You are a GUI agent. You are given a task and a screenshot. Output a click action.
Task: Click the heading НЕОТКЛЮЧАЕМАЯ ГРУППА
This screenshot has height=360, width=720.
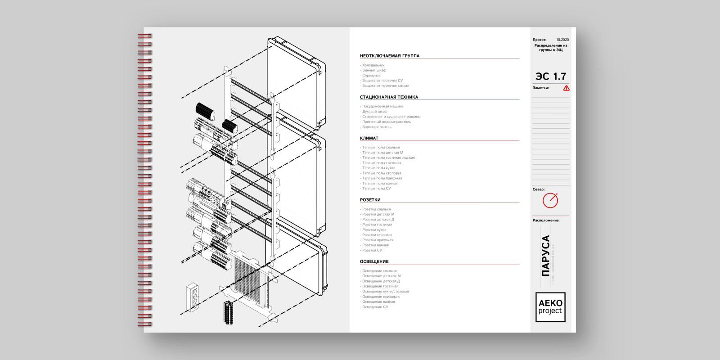[390, 56]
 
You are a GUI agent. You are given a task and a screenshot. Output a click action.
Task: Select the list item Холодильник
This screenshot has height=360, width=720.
[373, 65]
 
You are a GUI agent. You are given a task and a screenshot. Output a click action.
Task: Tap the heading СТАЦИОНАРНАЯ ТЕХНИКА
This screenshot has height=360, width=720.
[389, 97]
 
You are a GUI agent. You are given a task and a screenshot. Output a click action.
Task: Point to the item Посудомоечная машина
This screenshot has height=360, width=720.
[382, 106]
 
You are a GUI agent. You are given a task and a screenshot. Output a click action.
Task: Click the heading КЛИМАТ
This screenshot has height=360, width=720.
[369, 138]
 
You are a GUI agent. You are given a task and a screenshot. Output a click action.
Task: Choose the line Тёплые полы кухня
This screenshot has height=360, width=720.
[378, 168]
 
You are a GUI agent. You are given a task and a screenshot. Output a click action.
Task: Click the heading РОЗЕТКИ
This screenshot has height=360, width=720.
[370, 200]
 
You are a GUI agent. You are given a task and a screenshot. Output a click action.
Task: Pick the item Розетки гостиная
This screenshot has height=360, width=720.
[377, 225]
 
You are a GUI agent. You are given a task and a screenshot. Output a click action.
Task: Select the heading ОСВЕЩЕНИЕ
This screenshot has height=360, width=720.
[374, 261]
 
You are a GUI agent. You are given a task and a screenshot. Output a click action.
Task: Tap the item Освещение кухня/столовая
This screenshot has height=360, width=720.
[385, 292]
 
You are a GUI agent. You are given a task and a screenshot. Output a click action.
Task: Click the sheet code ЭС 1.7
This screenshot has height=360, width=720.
[550, 76]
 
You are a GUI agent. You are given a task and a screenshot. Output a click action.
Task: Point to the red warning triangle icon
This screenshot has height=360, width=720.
[566, 88]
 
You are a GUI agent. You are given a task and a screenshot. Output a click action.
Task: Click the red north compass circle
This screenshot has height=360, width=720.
[550, 201]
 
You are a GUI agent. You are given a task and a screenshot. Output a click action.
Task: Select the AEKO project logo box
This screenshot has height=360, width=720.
[550, 307]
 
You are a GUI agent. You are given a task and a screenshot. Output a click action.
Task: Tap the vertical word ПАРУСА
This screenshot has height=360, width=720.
[545, 256]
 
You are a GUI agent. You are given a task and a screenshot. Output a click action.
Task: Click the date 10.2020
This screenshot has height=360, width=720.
[562, 40]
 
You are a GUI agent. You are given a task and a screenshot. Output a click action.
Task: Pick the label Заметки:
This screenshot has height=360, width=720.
[540, 88]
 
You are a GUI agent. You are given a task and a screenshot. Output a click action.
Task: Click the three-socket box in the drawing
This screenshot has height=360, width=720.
[193, 297]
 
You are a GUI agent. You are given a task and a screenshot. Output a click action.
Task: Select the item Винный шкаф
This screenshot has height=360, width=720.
[374, 70]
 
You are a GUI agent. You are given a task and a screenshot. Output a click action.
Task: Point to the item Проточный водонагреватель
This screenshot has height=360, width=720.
[386, 121]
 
